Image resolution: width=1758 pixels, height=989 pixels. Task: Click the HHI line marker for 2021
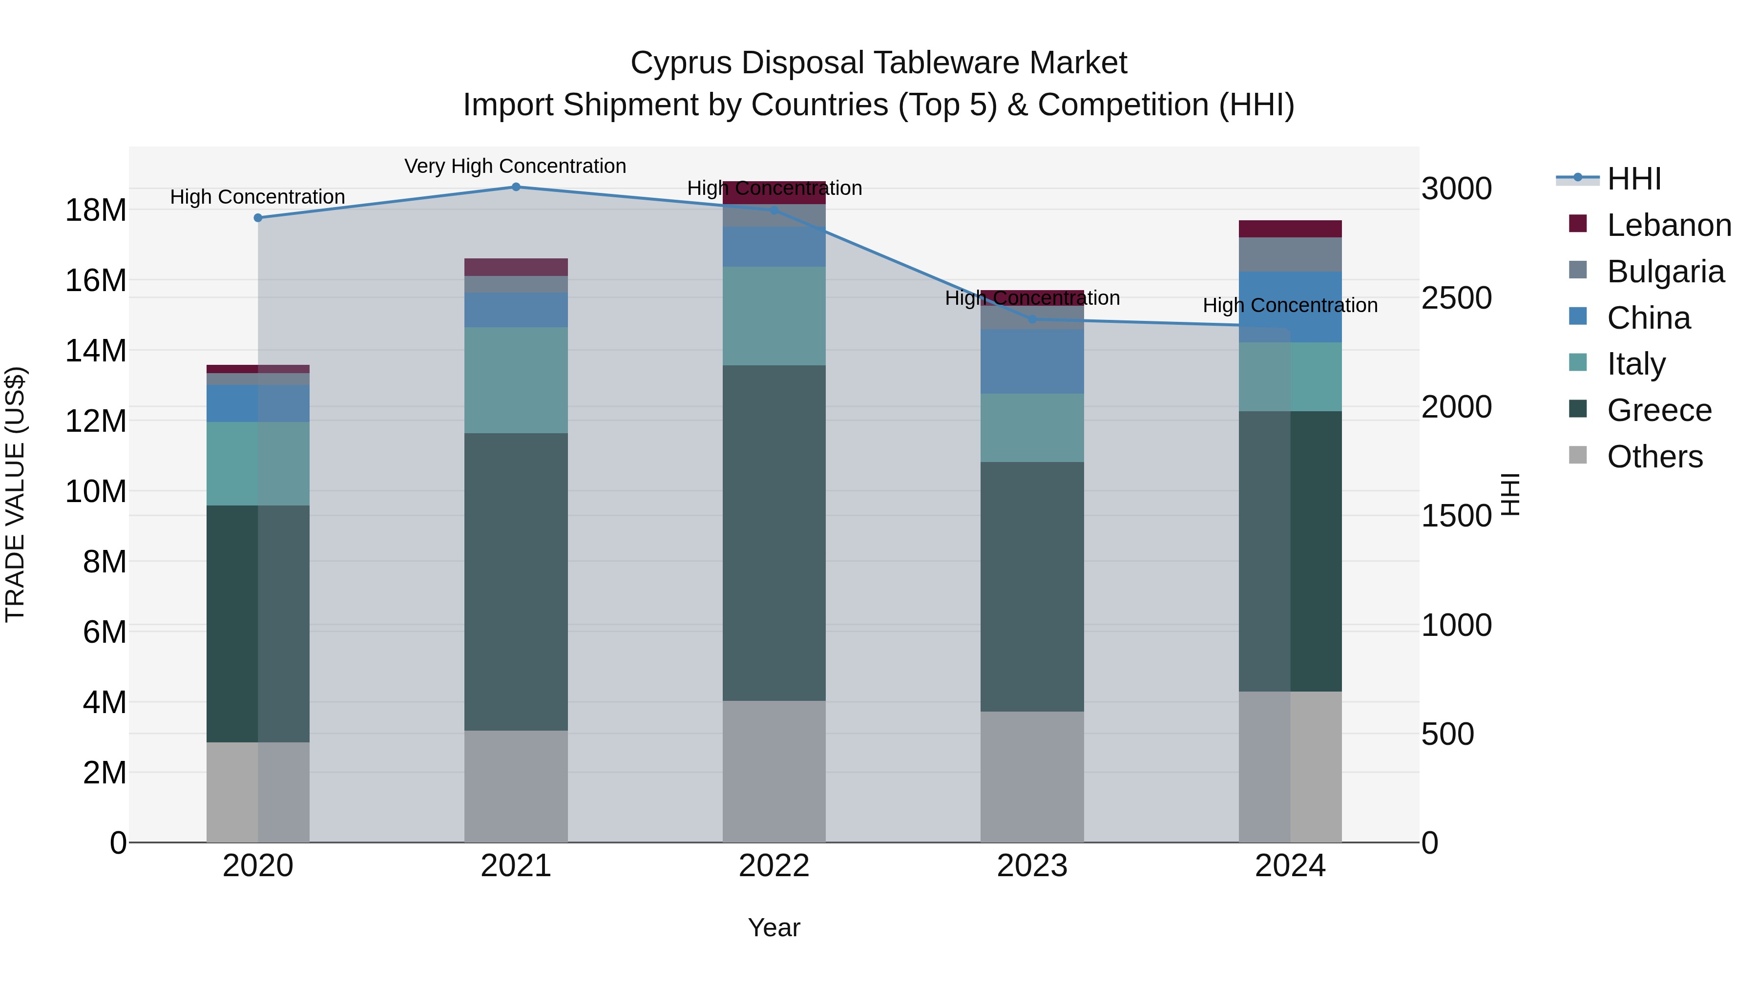[516, 187]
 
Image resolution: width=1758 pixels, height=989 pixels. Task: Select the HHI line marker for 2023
[1032, 319]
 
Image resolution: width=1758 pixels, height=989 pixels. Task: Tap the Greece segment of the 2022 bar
[774, 532]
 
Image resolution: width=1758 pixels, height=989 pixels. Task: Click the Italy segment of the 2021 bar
[516, 380]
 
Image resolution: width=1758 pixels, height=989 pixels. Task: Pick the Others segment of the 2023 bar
[1032, 777]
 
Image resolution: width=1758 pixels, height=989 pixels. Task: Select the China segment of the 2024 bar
[1290, 307]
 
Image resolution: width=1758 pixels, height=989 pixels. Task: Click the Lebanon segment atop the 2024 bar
[1290, 229]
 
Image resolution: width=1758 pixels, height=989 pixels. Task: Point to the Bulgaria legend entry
[1665, 272]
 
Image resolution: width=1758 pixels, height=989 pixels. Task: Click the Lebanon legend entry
[1669, 225]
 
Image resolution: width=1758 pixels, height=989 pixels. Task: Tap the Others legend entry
[1654, 457]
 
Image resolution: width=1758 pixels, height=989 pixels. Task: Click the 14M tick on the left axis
[96, 351]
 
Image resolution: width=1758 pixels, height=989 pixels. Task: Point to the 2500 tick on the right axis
[1456, 298]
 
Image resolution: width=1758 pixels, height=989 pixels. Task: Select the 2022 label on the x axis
[774, 866]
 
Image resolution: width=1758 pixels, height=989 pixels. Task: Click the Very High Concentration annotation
[515, 166]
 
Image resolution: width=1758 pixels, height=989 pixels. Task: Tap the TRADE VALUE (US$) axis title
[15, 494]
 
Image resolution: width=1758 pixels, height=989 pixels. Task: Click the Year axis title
[774, 927]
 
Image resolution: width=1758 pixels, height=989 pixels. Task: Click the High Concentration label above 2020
[257, 196]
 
